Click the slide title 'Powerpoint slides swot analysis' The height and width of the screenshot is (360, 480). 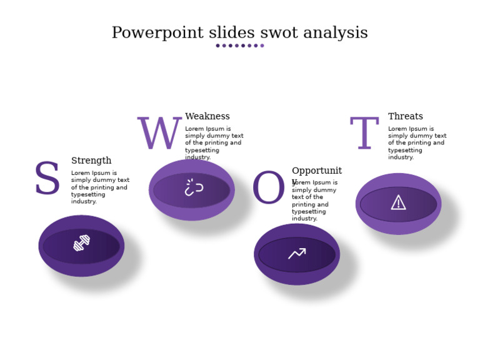pos(239,32)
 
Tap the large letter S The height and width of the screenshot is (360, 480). pos(47,180)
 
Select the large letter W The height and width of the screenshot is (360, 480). pos(159,134)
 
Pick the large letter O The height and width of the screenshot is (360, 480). pos(268,189)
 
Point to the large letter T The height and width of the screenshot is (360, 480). pos(364,134)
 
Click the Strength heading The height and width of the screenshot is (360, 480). pos(91,161)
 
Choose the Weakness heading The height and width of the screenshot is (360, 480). pos(207,116)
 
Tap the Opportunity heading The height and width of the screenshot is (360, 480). pos(316,171)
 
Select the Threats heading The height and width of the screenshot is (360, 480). pos(405,116)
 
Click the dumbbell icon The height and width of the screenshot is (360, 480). pos(81,243)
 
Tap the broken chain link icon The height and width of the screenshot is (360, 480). pos(193,187)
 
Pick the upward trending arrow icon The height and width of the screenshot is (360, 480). pos(297,253)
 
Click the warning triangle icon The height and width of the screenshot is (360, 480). pos(398,202)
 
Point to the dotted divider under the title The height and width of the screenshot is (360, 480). pos(239,46)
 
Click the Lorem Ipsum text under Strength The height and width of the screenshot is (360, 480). pos(100,187)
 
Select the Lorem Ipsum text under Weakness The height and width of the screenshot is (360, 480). pos(214,143)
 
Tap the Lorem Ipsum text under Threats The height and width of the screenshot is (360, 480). pos(417,143)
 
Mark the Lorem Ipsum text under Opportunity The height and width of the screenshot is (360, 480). pos(314,201)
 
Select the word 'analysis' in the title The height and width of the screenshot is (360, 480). pos(338,32)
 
